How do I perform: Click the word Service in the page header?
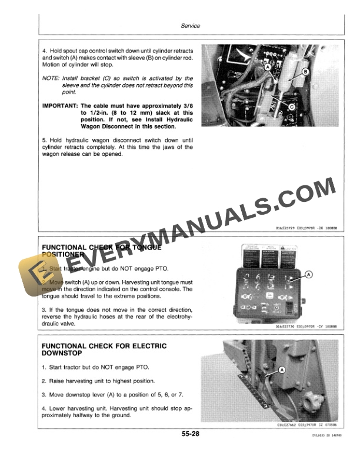click(x=191, y=26)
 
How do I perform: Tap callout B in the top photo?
click(x=305, y=72)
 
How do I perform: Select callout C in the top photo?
click(x=291, y=107)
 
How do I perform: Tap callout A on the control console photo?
click(x=310, y=275)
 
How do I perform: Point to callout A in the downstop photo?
click(x=281, y=370)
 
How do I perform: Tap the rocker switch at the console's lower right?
click(x=288, y=306)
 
